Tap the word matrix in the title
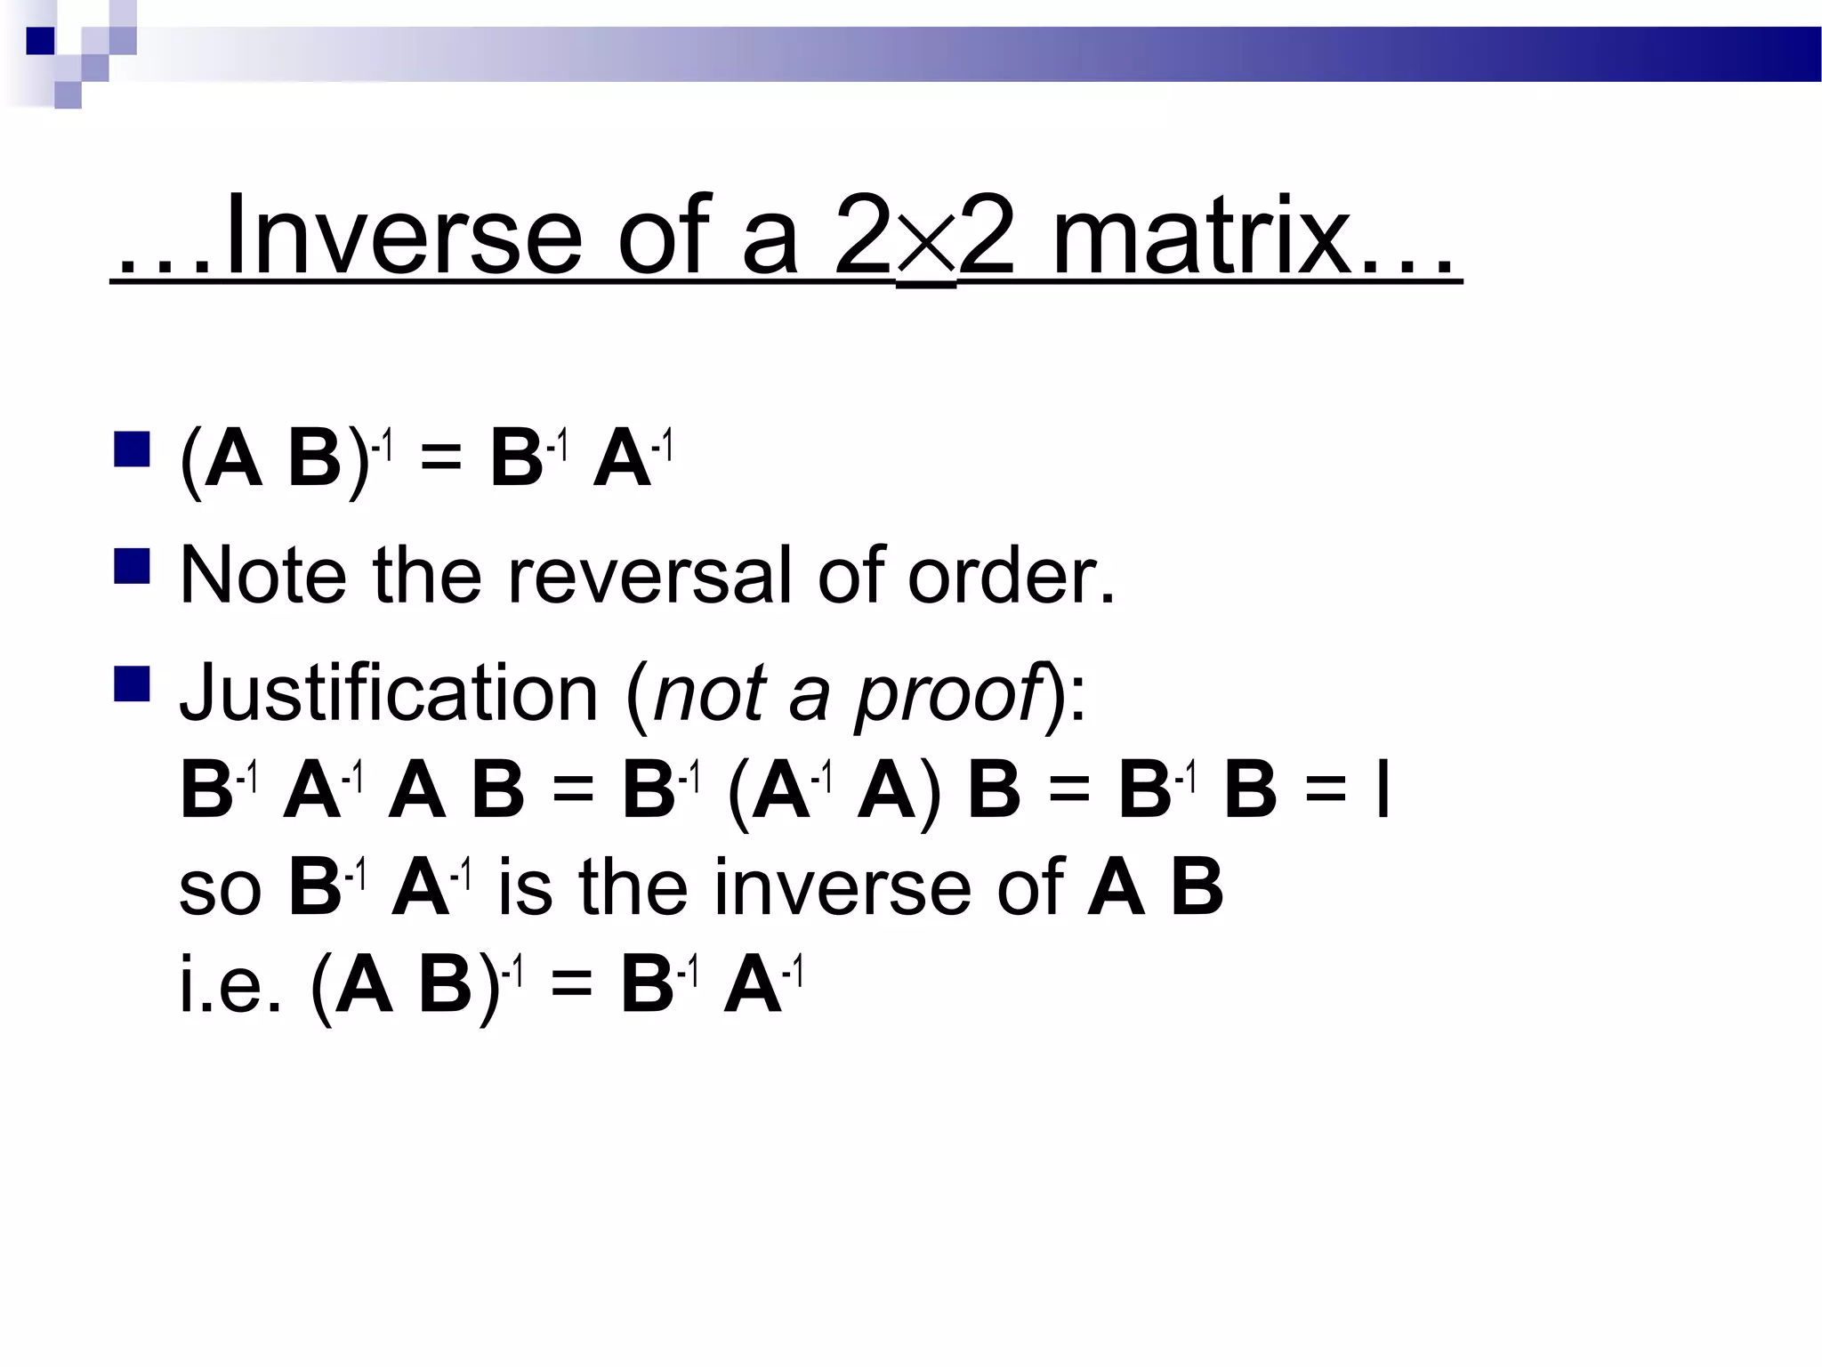(1202, 237)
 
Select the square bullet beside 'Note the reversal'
(132, 566)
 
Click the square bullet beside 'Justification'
(132, 683)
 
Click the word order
(1010, 576)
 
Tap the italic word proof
(948, 695)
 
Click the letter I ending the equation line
(1382, 791)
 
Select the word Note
(263, 576)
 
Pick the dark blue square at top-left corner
(39, 41)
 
